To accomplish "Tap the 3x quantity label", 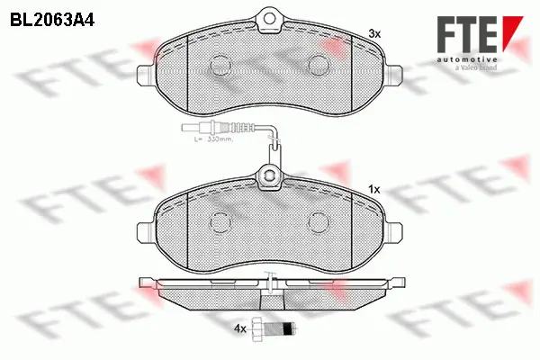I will [374, 33].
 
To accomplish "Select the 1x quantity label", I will [375, 190].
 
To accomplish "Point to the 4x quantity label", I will [239, 330].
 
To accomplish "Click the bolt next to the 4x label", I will [273, 329].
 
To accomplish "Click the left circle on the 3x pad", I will [219, 64].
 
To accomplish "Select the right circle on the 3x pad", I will [318, 64].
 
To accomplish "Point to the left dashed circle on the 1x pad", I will [219, 222].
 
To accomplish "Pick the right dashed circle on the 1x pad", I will [318, 222].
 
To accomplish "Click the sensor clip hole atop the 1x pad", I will [267, 175].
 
